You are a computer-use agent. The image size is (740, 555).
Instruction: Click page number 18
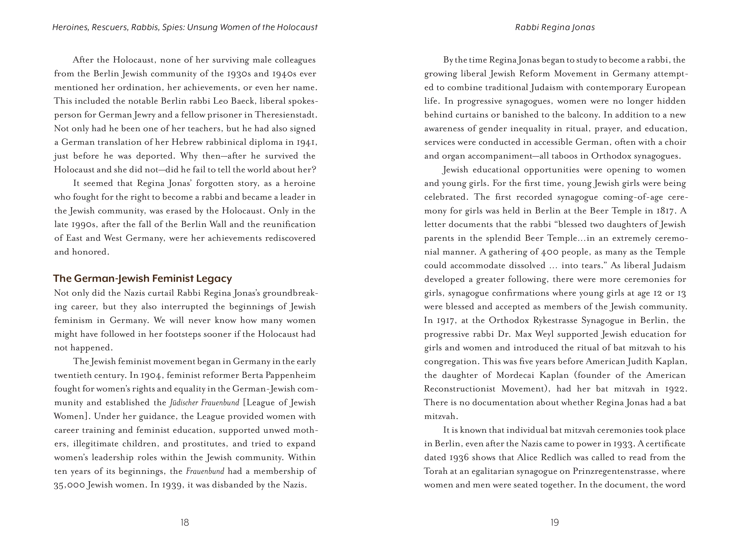tap(185, 522)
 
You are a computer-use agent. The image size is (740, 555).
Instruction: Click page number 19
tap(555, 522)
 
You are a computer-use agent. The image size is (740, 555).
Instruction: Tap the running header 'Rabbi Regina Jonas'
tap(555, 27)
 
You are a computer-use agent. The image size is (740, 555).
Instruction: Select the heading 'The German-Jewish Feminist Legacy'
tap(142, 278)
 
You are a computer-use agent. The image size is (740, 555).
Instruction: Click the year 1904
tap(151, 375)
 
